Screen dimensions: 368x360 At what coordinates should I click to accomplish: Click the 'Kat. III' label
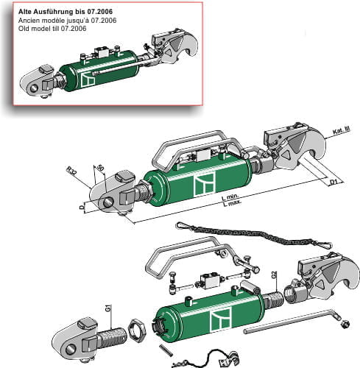pos(341,131)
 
